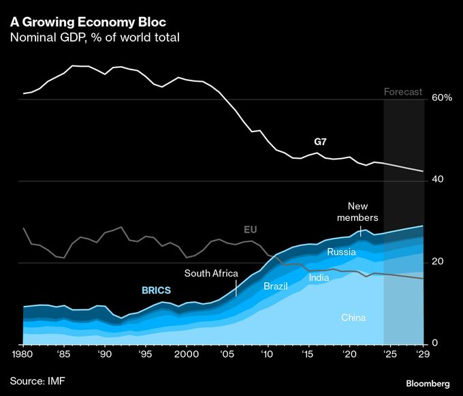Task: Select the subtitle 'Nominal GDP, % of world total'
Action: [95, 37]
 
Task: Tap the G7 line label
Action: [320, 142]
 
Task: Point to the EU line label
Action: [251, 230]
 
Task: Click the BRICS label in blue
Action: [156, 290]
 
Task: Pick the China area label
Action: [353, 318]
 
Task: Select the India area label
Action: [319, 277]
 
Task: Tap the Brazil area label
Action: [276, 286]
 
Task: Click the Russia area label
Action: [342, 252]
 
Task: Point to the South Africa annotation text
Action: [212, 273]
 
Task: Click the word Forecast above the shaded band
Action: [403, 92]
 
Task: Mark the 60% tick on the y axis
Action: [443, 98]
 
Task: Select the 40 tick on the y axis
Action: [438, 180]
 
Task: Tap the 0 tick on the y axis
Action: [436, 344]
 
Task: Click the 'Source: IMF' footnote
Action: [39, 379]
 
